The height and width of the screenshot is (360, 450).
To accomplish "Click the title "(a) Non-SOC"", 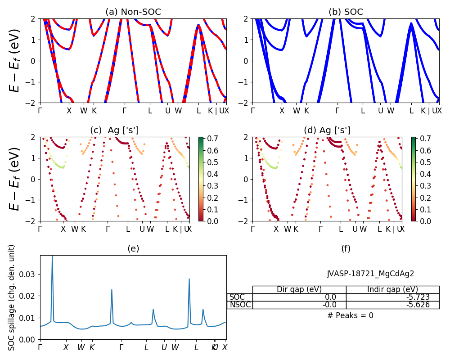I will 133,12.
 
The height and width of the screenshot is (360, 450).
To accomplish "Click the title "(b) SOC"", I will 346,12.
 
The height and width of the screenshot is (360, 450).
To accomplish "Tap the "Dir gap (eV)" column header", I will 299,289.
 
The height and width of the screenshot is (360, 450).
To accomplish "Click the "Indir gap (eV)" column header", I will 392,289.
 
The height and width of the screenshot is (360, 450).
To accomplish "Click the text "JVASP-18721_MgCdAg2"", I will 370,274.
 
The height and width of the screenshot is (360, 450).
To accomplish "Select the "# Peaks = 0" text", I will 350,315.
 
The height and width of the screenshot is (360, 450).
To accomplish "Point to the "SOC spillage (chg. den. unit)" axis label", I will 12,297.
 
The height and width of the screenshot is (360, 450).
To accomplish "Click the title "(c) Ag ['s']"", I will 114,130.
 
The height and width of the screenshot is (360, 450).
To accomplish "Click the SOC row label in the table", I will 237,297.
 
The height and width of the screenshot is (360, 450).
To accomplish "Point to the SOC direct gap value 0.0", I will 330,297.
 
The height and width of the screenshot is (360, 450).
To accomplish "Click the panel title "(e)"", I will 133,248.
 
